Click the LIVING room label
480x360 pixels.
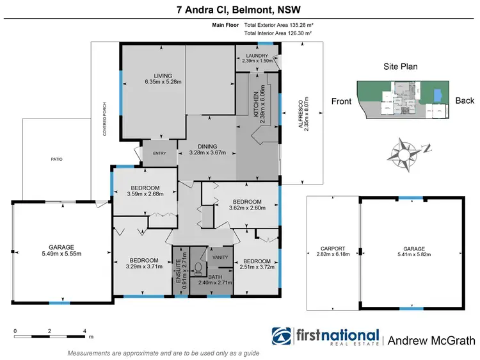pos(154,76)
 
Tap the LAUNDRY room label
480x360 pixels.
pos(257,56)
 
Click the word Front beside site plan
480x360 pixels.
pos(342,101)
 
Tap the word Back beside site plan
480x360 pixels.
pos(465,101)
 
